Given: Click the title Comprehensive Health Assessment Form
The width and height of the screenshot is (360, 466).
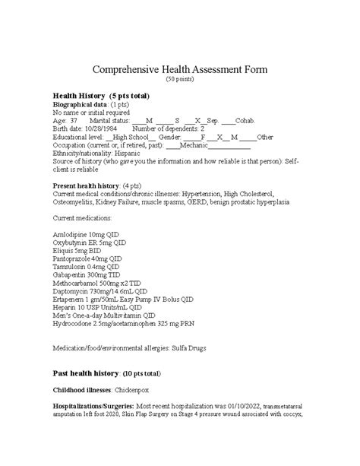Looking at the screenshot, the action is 180,69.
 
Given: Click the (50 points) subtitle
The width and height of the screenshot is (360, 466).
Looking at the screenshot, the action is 180,79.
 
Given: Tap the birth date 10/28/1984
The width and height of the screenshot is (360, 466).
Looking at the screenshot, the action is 98,128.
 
